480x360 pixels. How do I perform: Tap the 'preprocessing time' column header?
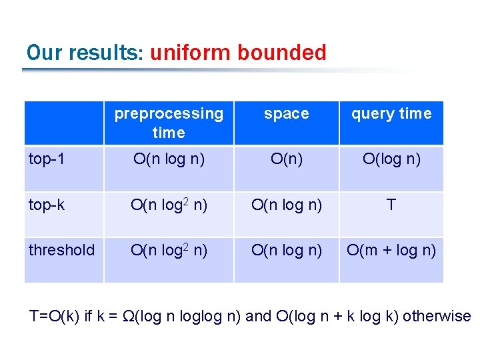coord(169,123)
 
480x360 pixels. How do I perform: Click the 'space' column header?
coord(286,114)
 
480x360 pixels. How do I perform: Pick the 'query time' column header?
coord(391,114)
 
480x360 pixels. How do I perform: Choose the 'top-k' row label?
coord(47,205)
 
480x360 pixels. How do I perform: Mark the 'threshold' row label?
coord(61,250)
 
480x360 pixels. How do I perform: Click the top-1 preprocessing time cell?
coord(169,159)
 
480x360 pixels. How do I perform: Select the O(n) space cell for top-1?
coord(286,159)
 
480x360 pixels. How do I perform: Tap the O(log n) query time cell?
coord(391,159)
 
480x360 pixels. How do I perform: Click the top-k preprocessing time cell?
coord(169,205)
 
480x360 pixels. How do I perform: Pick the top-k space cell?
coord(286,205)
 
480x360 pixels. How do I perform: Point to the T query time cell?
coord(391,205)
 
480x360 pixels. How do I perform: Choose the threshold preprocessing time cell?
coord(169,250)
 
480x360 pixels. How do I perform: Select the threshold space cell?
coord(286,250)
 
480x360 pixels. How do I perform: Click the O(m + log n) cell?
coord(391,250)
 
